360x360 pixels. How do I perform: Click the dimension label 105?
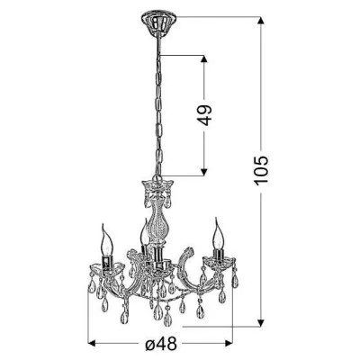coord(261,170)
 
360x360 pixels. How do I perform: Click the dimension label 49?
coord(204,115)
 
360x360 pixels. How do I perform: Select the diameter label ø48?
coord(161,343)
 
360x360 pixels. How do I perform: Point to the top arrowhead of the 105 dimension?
coord(261,21)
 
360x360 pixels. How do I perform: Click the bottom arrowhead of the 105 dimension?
coord(261,321)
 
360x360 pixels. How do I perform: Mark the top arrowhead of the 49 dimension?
coord(204,60)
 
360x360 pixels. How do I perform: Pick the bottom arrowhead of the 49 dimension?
coord(204,171)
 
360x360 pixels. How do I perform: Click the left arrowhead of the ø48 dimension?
coord(92,343)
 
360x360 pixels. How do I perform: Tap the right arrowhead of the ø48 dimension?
coord(228,343)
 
